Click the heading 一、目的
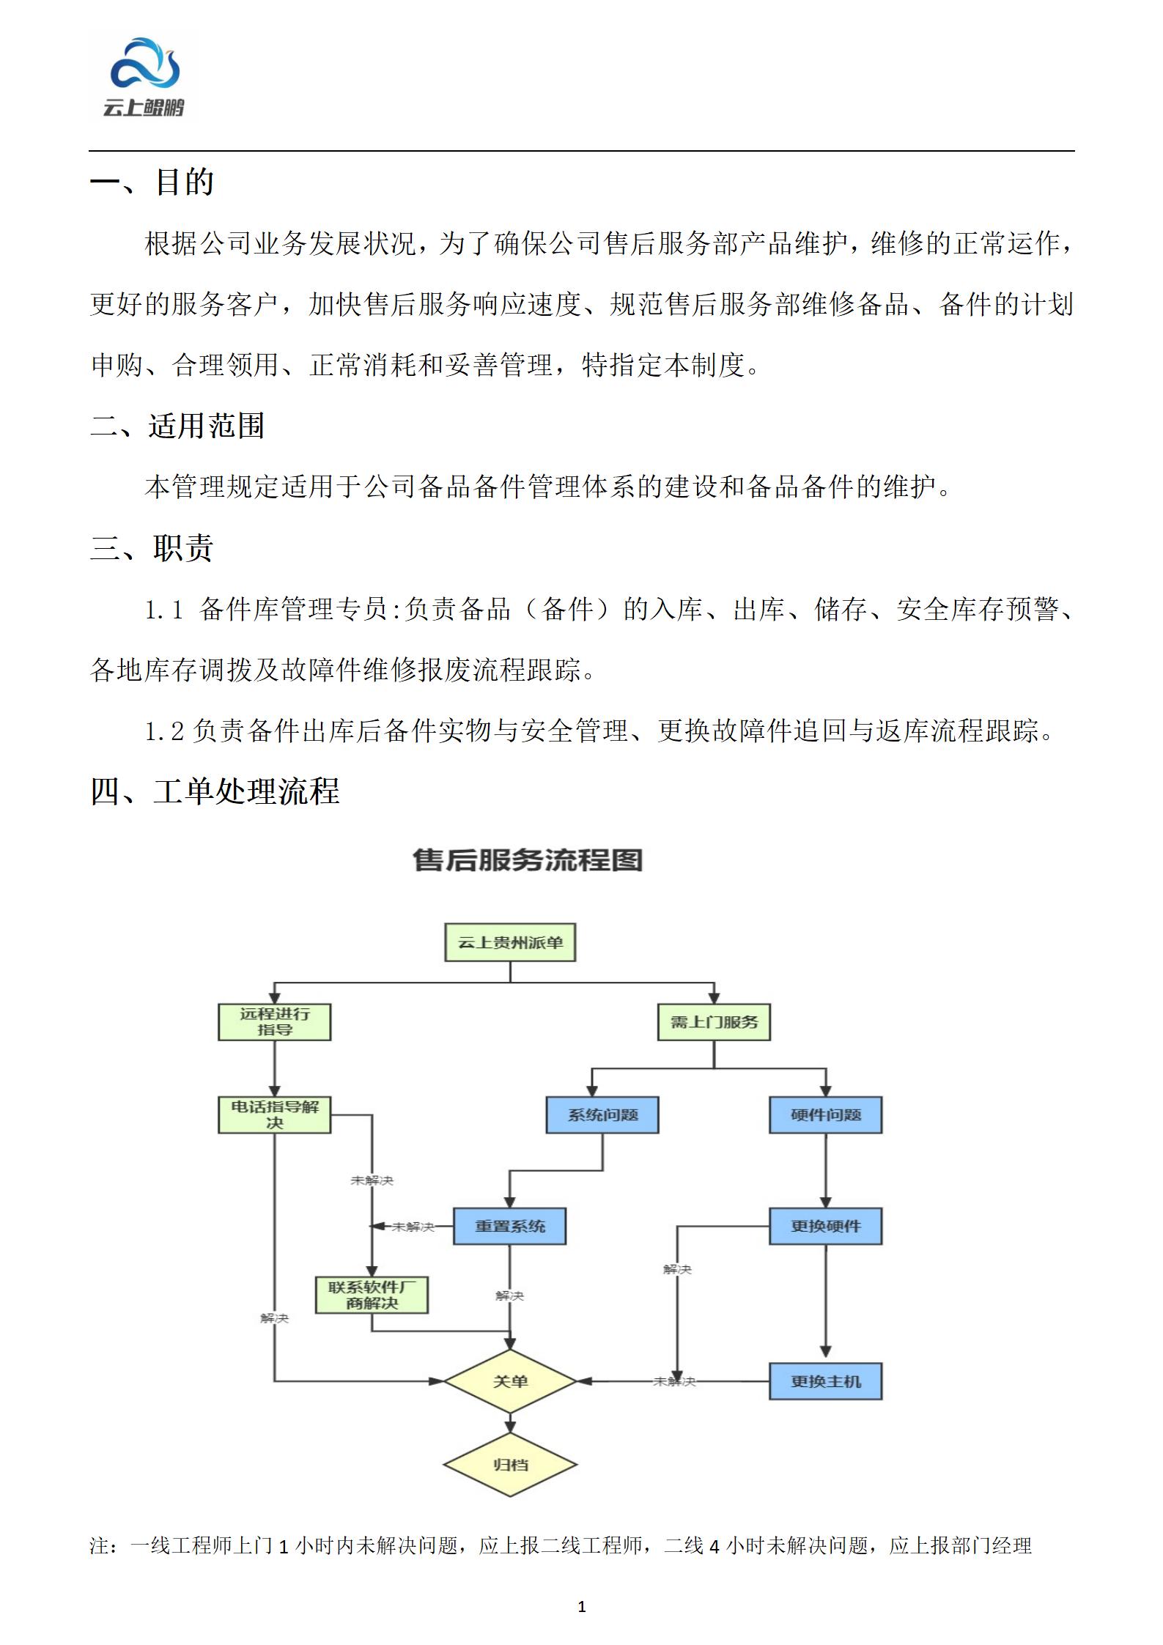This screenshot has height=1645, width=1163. click(152, 182)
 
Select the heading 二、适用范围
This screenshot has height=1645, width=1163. click(177, 426)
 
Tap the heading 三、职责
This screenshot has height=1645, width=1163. click(152, 547)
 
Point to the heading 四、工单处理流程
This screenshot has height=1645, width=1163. click(215, 791)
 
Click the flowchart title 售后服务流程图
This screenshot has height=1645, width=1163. click(527, 860)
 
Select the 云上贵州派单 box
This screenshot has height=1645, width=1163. click(510, 942)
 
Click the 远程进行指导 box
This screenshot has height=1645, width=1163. click(275, 1021)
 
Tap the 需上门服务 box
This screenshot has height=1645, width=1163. click(715, 1021)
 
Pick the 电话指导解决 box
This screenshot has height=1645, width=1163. click(275, 1114)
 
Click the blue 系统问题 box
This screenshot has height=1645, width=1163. click(602, 1114)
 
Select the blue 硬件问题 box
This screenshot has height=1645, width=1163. click(825, 1114)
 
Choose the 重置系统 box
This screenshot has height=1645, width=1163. click(510, 1226)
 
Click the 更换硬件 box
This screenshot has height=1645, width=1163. click(825, 1226)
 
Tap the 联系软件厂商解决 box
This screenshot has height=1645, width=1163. click(372, 1295)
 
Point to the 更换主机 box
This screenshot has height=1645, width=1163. click(825, 1381)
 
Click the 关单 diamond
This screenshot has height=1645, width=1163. click(510, 1381)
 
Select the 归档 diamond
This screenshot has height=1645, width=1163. click(510, 1465)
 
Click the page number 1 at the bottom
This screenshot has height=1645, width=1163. click(582, 1607)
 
